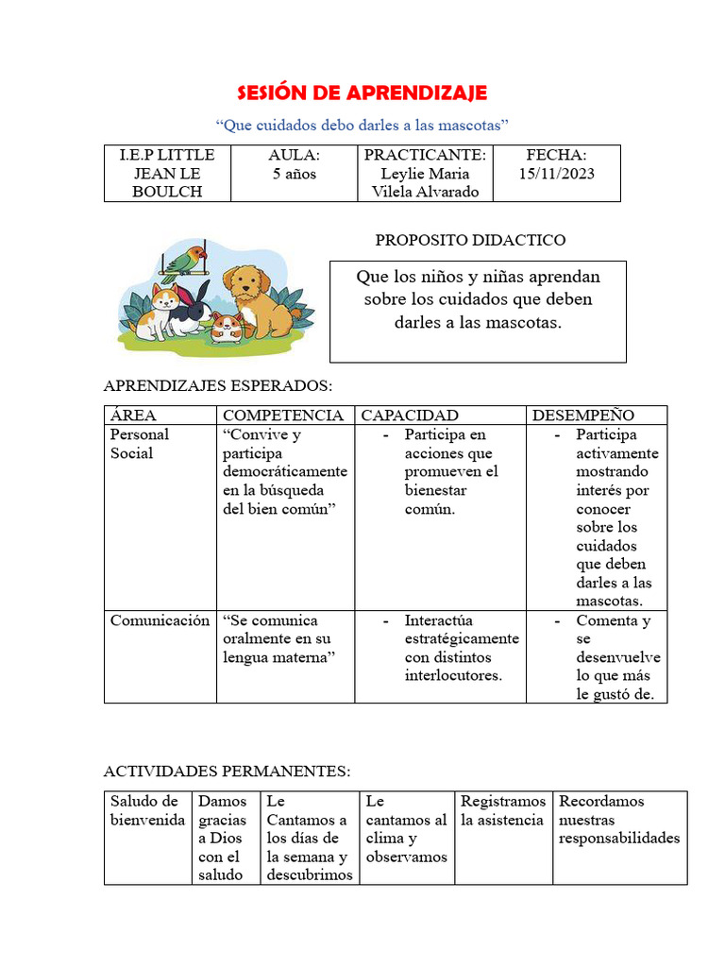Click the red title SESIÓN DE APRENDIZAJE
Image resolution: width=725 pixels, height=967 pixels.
[x=362, y=92]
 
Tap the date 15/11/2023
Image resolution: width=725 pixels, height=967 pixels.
[x=557, y=174]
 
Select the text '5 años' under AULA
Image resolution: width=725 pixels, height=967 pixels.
[x=295, y=174]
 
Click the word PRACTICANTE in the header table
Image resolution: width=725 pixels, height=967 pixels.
[x=425, y=155]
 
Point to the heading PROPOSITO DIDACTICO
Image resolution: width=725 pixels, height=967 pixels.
[x=470, y=240]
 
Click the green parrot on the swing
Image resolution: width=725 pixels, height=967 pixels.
[x=188, y=258]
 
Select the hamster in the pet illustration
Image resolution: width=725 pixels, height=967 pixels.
[x=227, y=326]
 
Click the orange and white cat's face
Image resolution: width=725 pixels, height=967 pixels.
[x=164, y=299]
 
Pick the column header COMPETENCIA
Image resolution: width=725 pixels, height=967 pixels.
[x=283, y=416]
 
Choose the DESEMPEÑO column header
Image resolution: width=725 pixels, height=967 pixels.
[x=583, y=416]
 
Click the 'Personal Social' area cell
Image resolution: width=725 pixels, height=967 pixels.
[x=140, y=444]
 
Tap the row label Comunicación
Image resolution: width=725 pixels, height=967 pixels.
[x=160, y=620]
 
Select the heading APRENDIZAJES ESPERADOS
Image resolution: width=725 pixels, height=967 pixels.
[x=217, y=386]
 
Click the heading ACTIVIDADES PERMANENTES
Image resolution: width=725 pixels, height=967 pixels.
[x=227, y=772]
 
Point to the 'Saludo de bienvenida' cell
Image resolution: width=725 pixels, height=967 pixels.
[x=147, y=810]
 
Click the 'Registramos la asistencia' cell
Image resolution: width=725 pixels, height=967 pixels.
[x=502, y=810]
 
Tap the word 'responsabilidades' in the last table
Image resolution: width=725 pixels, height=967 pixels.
[x=619, y=839]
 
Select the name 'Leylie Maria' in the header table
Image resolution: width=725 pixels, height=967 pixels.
[x=425, y=174]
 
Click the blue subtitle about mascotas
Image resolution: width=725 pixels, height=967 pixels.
[x=362, y=125]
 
